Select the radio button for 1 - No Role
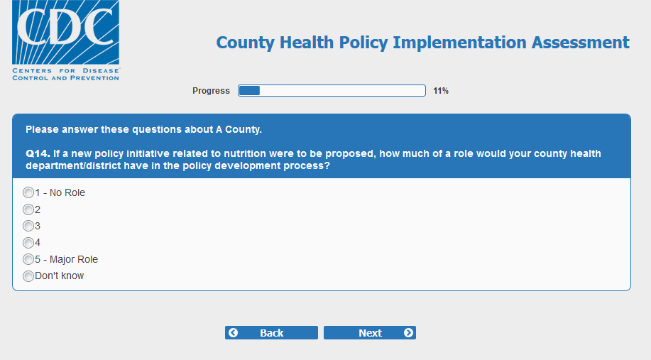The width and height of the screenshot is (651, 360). pos(28,192)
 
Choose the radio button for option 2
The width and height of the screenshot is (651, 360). pos(28,209)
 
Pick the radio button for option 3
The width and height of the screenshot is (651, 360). pos(28,226)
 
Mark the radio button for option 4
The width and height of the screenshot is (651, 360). pos(28,243)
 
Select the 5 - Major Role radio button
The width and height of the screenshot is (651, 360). pos(28,259)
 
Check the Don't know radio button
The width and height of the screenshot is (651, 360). pos(28,276)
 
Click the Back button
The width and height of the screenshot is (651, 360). pos(271,332)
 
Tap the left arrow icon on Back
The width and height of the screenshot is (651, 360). pos(234,332)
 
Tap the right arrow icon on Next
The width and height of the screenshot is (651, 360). pos(408,332)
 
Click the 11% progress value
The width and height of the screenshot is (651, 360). pos(441,91)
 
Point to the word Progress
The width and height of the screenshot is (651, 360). pos(211,91)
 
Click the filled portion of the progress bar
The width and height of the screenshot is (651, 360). pos(249,90)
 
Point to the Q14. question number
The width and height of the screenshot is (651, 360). pos(38,153)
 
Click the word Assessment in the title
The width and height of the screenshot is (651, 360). pos(581,43)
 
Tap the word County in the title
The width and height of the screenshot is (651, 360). pos(246,43)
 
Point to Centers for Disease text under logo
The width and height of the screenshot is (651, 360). pos(65,70)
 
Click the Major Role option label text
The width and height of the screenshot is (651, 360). pos(74,259)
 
